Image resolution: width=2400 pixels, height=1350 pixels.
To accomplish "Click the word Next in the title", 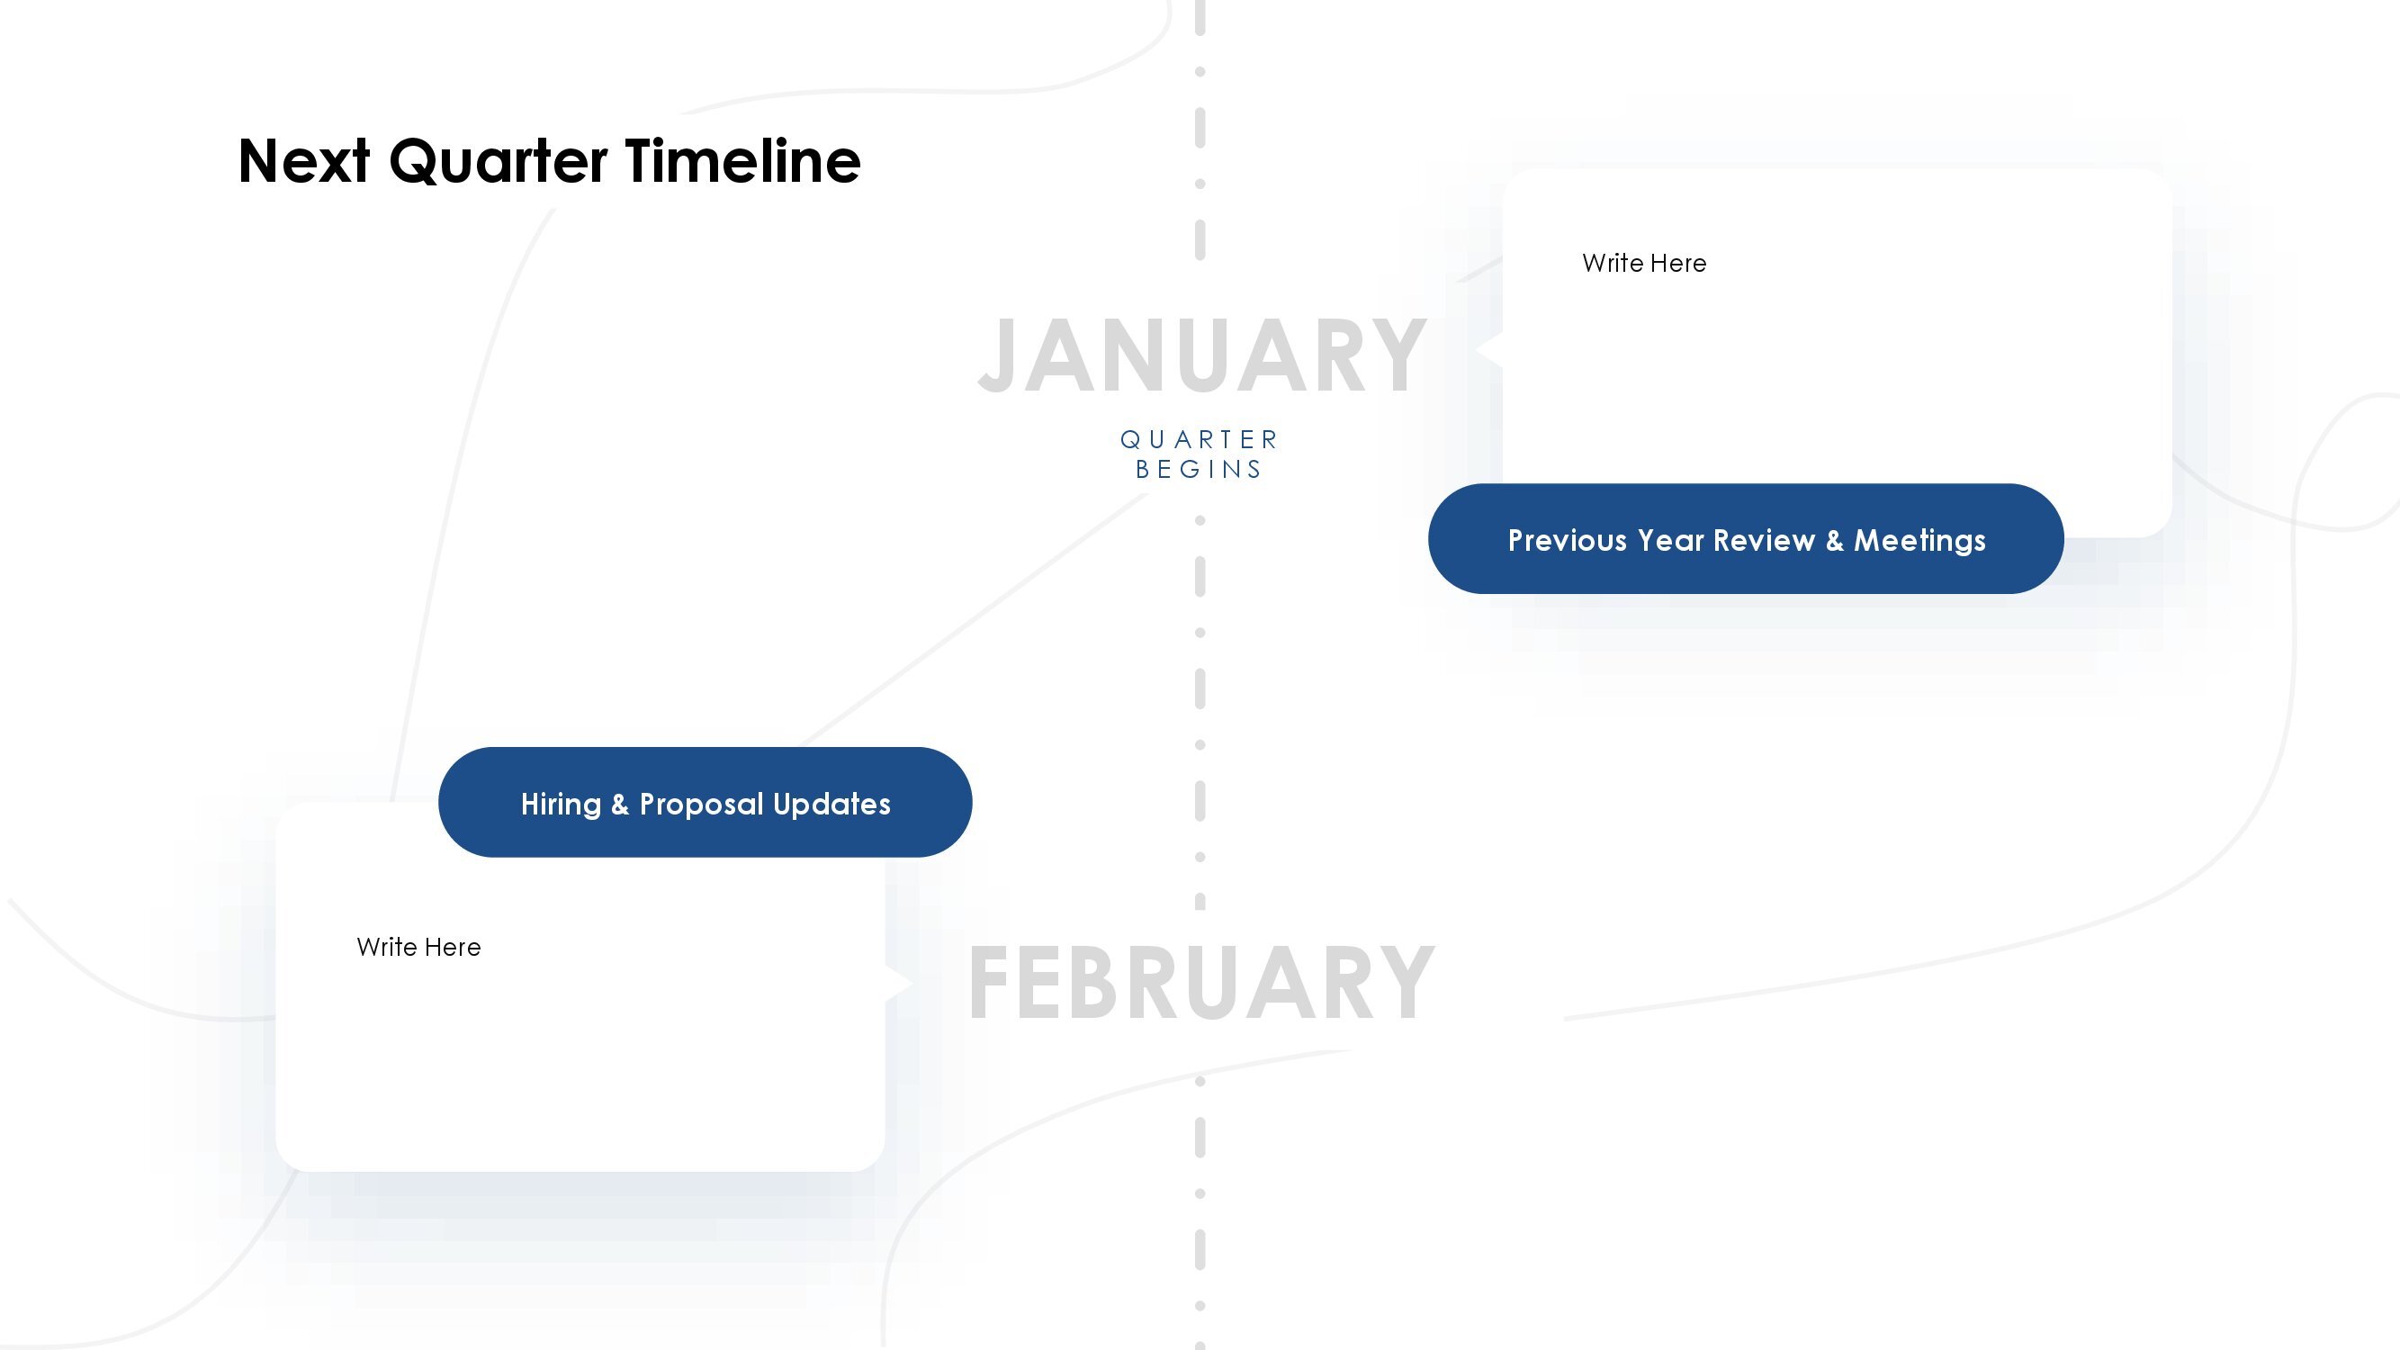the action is pyautogui.click(x=305, y=161).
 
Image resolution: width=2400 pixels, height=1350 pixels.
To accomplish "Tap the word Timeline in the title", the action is pyautogui.click(x=742, y=160).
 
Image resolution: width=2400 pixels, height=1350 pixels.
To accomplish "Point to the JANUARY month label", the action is pyautogui.click(x=1202, y=355).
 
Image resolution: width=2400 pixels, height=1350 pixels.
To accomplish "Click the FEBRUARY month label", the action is pyautogui.click(x=1202, y=983).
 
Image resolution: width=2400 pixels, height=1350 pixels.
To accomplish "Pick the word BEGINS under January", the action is pyautogui.click(x=1199, y=469).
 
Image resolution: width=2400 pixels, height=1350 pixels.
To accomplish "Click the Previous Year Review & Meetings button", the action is pyautogui.click(x=1746, y=538).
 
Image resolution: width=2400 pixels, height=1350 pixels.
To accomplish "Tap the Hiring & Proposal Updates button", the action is pyautogui.click(x=706, y=802).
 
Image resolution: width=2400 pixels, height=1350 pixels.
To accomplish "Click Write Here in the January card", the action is pyautogui.click(x=1644, y=263).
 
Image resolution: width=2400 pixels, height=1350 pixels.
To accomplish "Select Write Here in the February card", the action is pyautogui.click(x=419, y=947).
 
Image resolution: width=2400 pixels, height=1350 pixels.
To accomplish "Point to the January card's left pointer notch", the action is pyautogui.click(x=1488, y=349).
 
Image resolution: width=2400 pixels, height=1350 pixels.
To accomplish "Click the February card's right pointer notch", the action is pyautogui.click(x=898, y=983).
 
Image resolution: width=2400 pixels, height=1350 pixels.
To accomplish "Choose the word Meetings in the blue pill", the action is pyautogui.click(x=1919, y=540).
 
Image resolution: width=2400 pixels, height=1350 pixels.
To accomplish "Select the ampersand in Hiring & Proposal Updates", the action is pyautogui.click(x=619, y=804).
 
